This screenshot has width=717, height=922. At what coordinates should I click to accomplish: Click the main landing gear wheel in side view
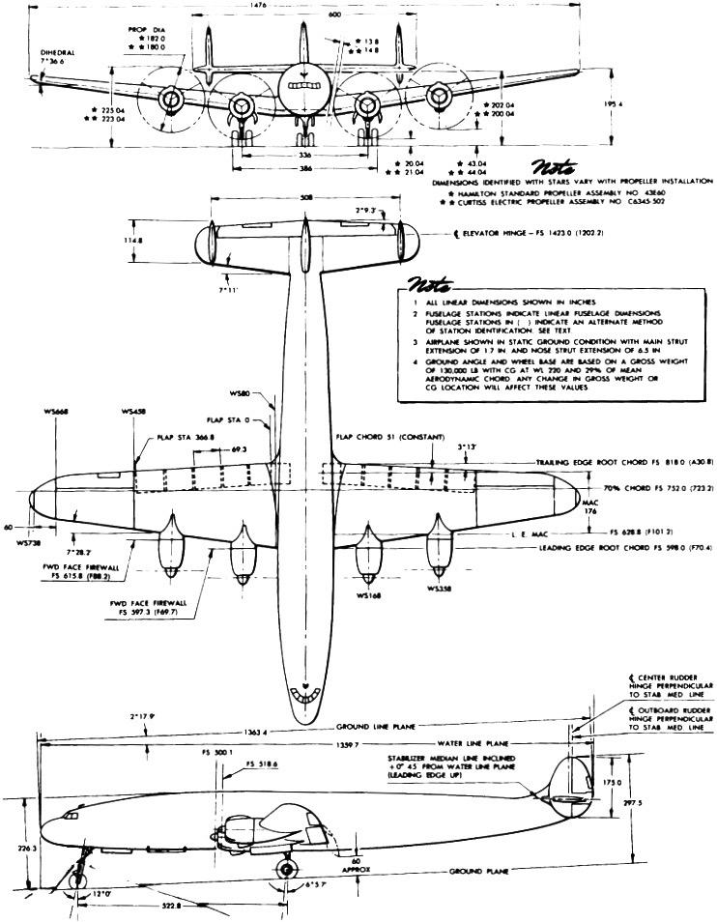(287, 868)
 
